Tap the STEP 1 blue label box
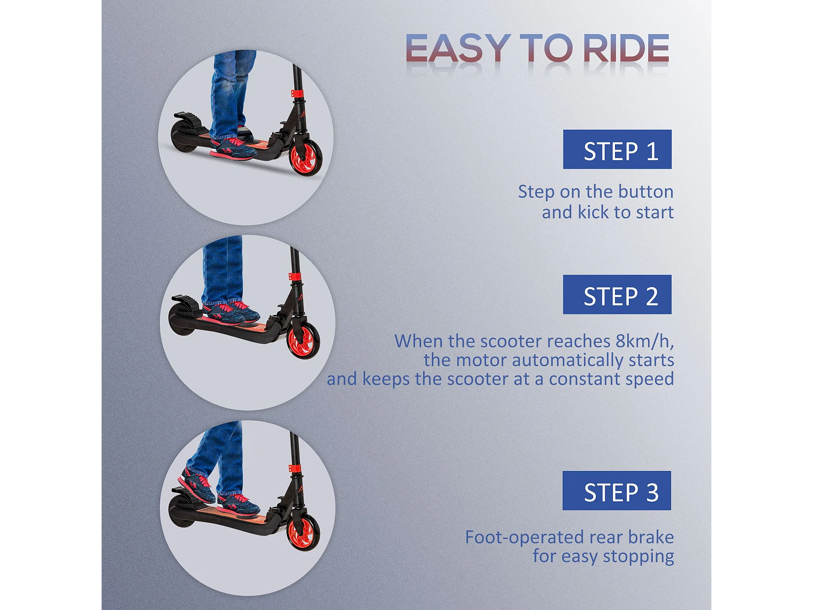617,149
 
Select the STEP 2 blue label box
617,294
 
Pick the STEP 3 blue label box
617,490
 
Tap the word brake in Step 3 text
651,537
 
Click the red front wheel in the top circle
306,158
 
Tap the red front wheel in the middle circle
304,341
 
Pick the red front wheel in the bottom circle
304,533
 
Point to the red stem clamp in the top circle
298,94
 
